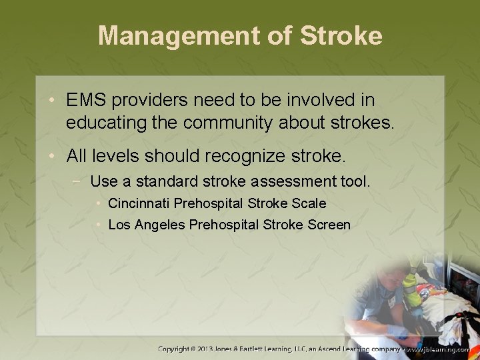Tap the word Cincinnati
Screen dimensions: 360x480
tap(137, 203)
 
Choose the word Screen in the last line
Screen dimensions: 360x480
tap(329, 225)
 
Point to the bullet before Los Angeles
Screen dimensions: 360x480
tap(99, 225)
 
